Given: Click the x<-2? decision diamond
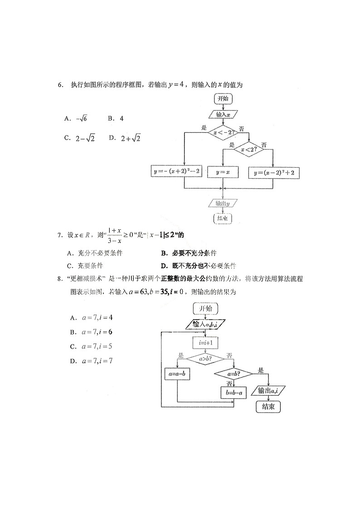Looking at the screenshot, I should (223, 132).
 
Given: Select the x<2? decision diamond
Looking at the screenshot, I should (248, 149).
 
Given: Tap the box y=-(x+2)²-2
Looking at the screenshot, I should (177, 173).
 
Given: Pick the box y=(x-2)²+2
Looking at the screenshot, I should (277, 173).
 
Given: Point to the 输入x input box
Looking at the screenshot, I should (224, 115).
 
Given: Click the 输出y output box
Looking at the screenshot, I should (223, 204).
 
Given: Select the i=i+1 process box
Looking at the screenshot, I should (205, 343).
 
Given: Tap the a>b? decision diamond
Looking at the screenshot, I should (205, 359).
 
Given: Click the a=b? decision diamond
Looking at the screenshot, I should (233, 374).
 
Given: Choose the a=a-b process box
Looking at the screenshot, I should (177, 374).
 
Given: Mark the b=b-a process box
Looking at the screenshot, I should (233, 392).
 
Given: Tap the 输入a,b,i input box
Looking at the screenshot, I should (205, 325).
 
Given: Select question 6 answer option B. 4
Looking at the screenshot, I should (116, 119).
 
